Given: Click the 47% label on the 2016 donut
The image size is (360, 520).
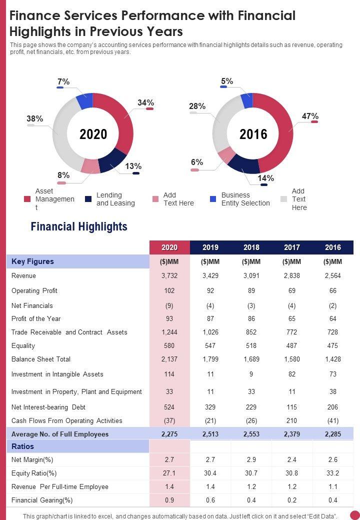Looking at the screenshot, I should click(x=310, y=116).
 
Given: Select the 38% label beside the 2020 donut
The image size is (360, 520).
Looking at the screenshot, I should click(x=34, y=119).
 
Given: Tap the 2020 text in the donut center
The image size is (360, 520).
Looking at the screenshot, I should click(x=93, y=134).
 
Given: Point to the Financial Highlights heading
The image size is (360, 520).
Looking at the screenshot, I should click(x=79, y=226).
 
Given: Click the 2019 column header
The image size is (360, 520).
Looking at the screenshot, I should click(x=210, y=247).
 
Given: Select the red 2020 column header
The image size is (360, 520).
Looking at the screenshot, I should click(x=169, y=247).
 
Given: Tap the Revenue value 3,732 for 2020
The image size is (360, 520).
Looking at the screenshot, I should click(x=169, y=275).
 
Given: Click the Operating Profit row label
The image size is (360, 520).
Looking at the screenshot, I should click(x=34, y=290).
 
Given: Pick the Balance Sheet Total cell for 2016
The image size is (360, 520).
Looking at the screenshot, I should click(x=332, y=359).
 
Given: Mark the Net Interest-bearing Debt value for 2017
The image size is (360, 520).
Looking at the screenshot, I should click(x=292, y=407).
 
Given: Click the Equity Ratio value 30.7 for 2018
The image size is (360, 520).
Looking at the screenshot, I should click(x=251, y=472).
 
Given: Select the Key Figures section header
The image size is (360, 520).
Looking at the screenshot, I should click(x=32, y=261).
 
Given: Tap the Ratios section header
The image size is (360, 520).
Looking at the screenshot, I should click(x=23, y=446).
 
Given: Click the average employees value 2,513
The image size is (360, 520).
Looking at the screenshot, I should click(x=210, y=434).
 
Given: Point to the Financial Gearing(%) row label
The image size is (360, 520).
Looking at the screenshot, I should click(x=42, y=500).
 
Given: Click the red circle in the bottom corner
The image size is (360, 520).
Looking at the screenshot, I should click(x=354, y=514).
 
